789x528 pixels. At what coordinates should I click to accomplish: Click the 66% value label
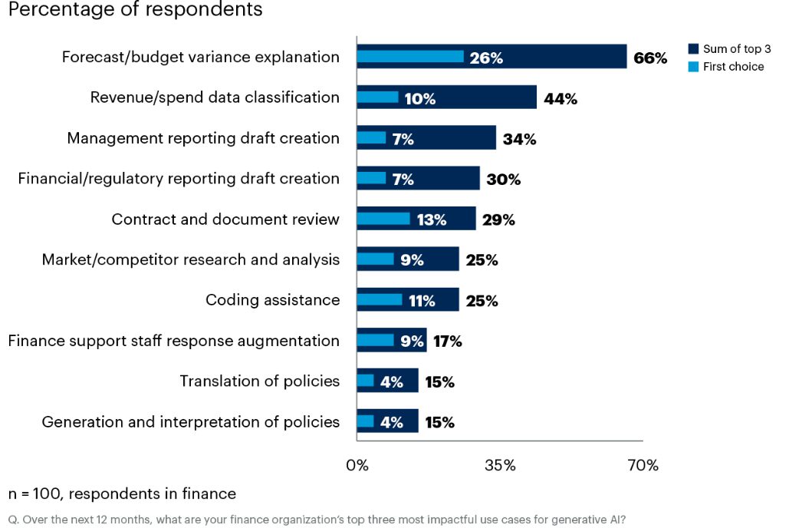coord(650,58)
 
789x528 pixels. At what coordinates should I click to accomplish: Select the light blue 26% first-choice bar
coord(410,57)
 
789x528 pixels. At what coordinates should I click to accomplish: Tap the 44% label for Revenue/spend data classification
coord(560,98)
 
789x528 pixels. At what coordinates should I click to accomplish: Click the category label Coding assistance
coord(272,300)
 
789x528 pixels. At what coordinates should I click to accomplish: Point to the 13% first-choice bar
coord(384,219)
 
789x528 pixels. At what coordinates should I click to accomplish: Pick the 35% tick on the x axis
coord(500,466)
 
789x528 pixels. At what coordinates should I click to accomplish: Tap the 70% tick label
coord(643,466)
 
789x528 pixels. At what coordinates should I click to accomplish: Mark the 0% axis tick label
coord(357,466)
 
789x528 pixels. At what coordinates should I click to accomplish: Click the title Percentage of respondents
coord(135,11)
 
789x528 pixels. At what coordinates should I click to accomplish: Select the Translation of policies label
coord(259,381)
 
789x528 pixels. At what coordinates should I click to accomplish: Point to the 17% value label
coord(448,342)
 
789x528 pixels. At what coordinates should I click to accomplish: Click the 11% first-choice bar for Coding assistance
coord(380,300)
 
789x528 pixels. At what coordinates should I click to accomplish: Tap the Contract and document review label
coord(225,219)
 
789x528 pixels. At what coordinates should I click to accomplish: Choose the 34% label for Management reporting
coord(519,139)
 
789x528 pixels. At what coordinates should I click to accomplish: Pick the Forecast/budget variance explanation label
coord(200,57)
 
